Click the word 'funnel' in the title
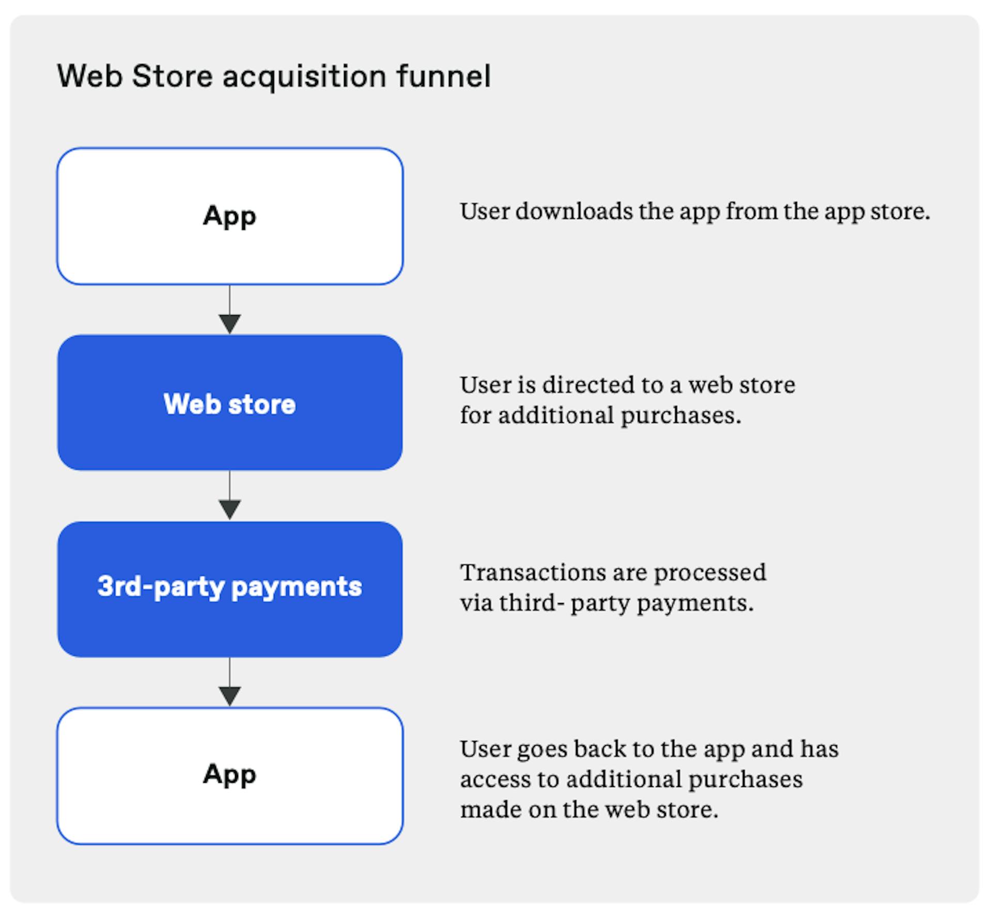click(x=443, y=76)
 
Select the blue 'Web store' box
click(x=230, y=403)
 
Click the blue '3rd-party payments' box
click(x=230, y=589)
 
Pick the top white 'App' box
click(x=230, y=216)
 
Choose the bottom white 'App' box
click(x=230, y=776)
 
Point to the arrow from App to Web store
click(x=230, y=309)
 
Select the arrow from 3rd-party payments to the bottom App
click(x=230, y=682)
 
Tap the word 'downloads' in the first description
click(x=574, y=211)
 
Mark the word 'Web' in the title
click(x=89, y=76)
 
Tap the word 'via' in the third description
click(x=476, y=603)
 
